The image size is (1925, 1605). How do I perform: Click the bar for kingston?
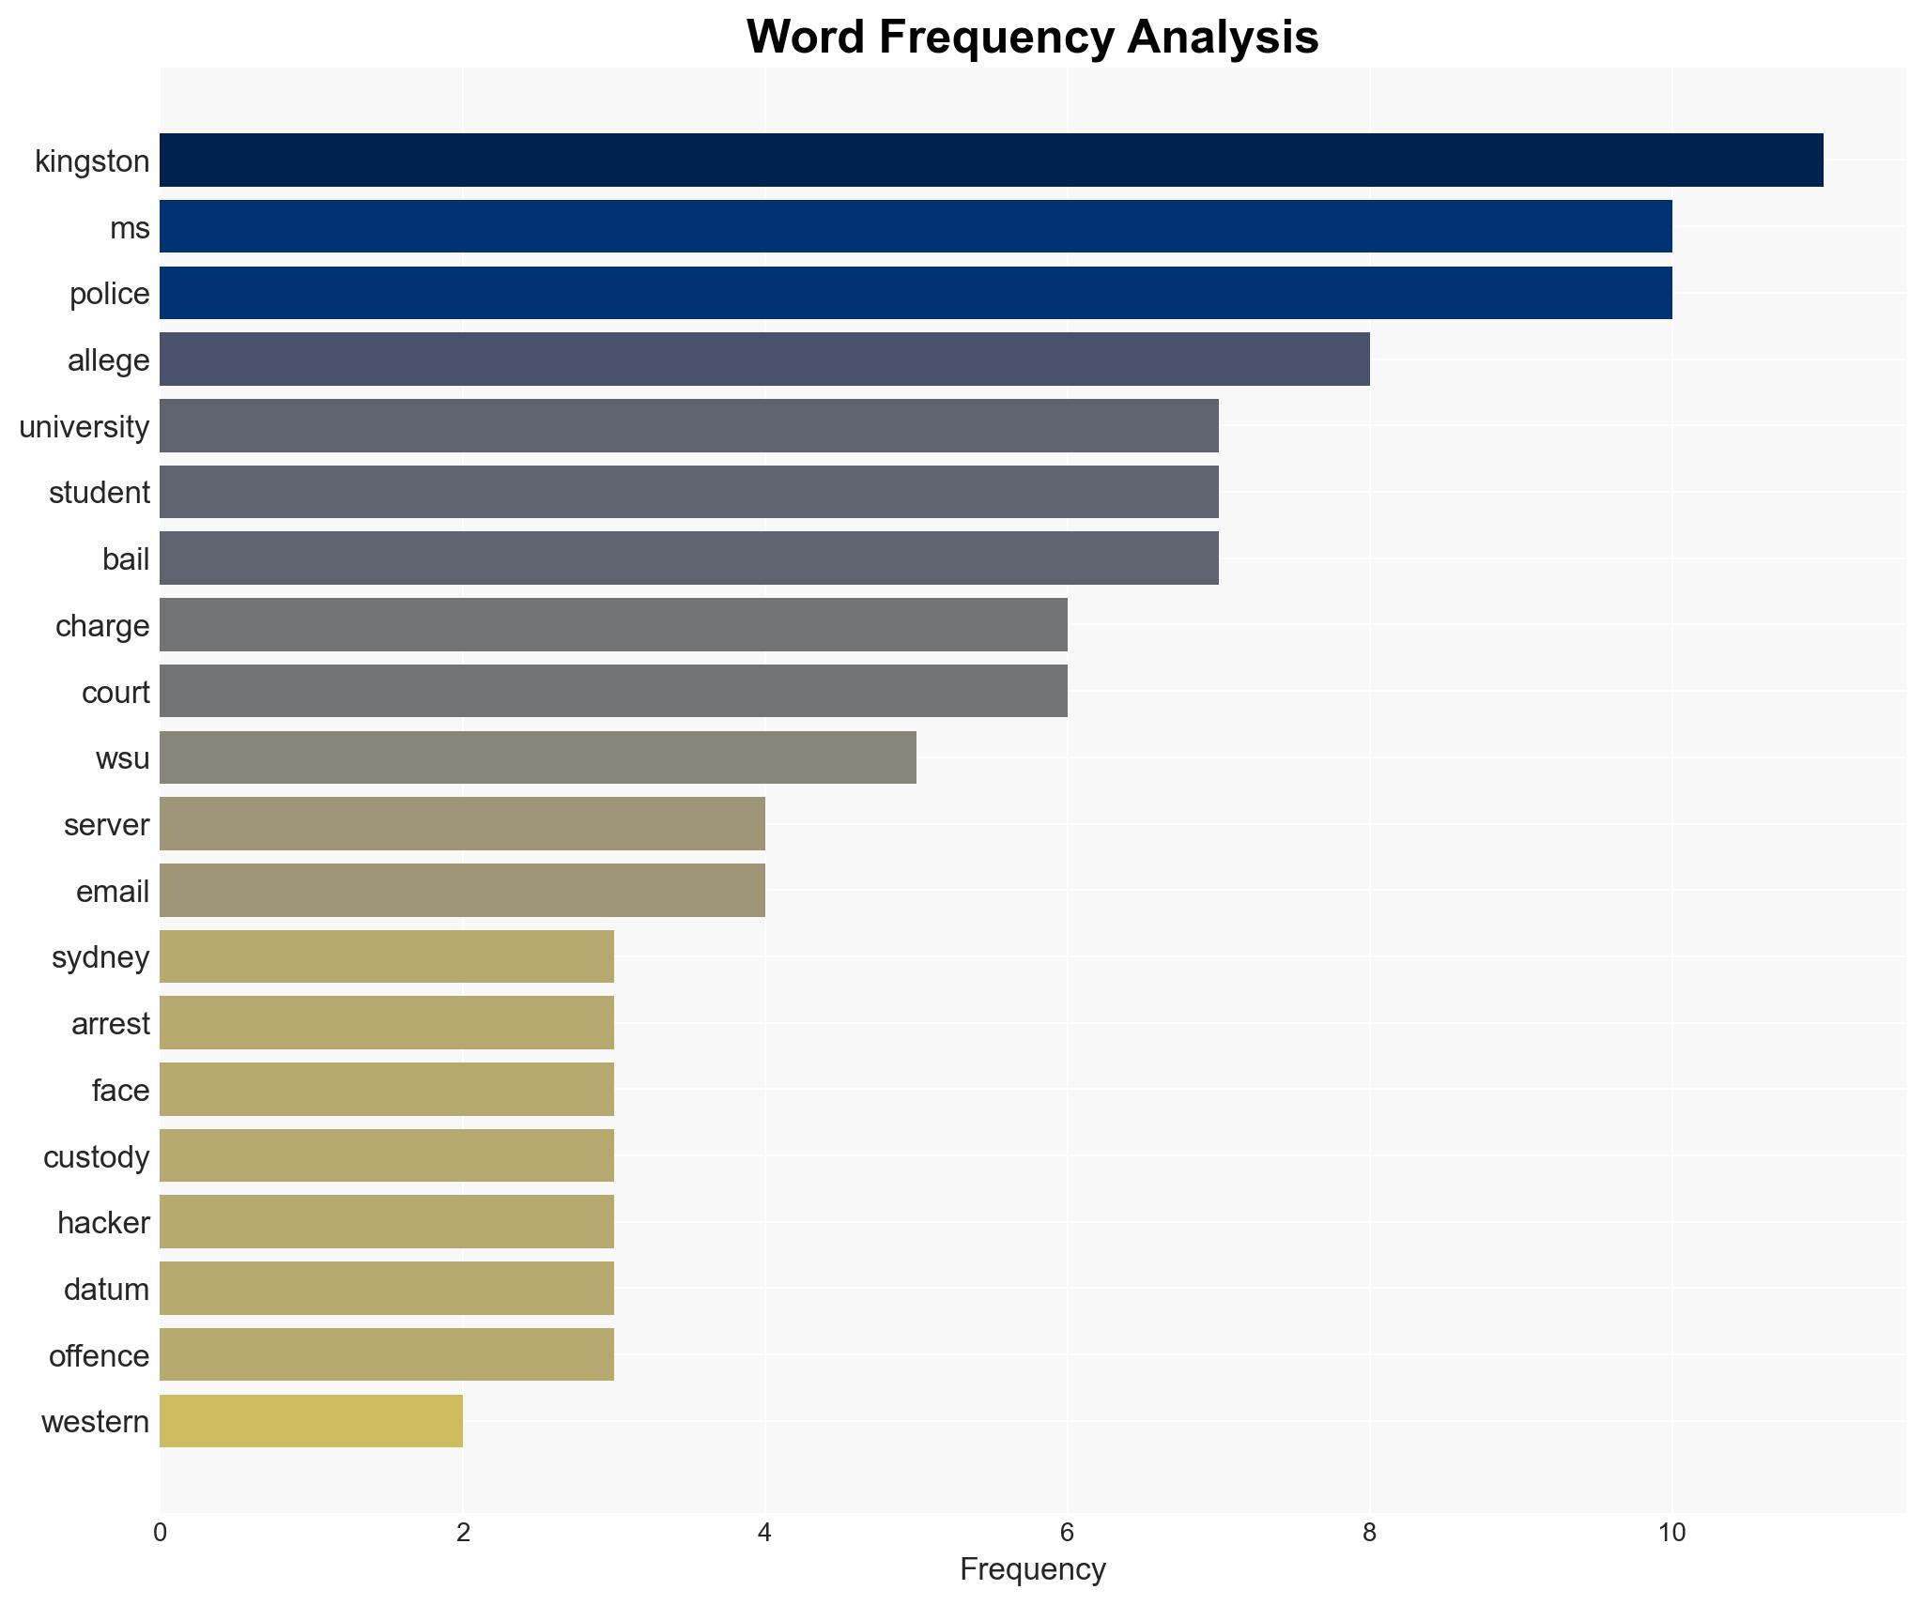pyautogui.click(x=991, y=160)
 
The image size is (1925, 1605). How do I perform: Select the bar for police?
pyautogui.click(x=916, y=293)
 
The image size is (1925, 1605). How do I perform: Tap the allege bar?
pyautogui.click(x=764, y=359)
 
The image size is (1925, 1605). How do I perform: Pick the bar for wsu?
pyautogui.click(x=538, y=757)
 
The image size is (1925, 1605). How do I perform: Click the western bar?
pyautogui.click(x=311, y=1421)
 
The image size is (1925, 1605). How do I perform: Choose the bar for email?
pyautogui.click(x=462, y=891)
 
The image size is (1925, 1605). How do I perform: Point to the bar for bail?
pyautogui.click(x=689, y=558)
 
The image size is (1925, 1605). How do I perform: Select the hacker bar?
pyautogui.click(x=387, y=1222)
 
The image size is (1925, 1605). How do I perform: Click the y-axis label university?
pyautogui.click(x=85, y=427)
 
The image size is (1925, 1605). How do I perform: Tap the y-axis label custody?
pyautogui.click(x=97, y=1157)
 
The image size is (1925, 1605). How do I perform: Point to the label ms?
pyautogui.click(x=130, y=228)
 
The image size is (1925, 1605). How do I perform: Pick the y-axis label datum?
pyautogui.click(x=106, y=1290)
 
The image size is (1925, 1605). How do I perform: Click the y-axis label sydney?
pyautogui.click(x=100, y=957)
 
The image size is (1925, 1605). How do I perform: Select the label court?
pyautogui.click(x=115, y=693)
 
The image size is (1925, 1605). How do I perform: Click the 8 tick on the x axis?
pyautogui.click(x=1369, y=1533)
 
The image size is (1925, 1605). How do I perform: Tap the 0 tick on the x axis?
pyautogui.click(x=160, y=1533)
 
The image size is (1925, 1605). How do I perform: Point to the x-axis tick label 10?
pyautogui.click(x=1671, y=1533)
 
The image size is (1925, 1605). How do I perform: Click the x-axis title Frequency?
pyautogui.click(x=1033, y=1569)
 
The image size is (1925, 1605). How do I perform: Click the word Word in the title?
pyautogui.click(x=808, y=38)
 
